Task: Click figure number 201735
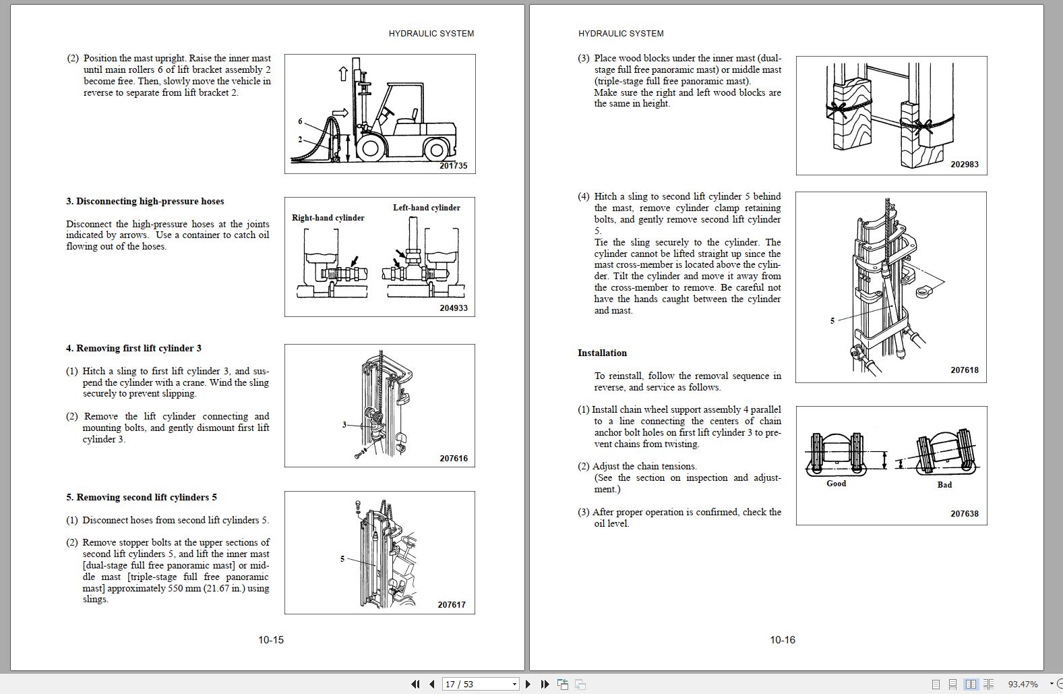click(453, 165)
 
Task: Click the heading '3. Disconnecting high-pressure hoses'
click(145, 201)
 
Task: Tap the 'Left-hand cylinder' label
click(427, 208)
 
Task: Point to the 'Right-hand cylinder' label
click(328, 218)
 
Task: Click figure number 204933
click(454, 308)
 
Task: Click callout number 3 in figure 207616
click(344, 425)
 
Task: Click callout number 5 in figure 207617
click(342, 558)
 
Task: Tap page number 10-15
click(271, 639)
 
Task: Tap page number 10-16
click(783, 639)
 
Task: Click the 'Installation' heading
click(602, 353)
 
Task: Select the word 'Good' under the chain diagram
click(836, 484)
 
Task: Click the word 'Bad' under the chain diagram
click(944, 485)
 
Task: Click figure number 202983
click(965, 164)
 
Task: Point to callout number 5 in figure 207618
click(832, 321)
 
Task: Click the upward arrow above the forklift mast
click(342, 74)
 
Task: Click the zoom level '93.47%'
click(1023, 684)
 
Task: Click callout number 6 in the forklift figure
click(300, 121)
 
